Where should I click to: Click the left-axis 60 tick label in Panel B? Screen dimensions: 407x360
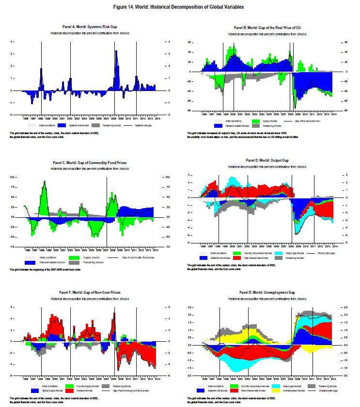[190, 42]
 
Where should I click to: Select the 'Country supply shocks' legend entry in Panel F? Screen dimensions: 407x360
[82, 386]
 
